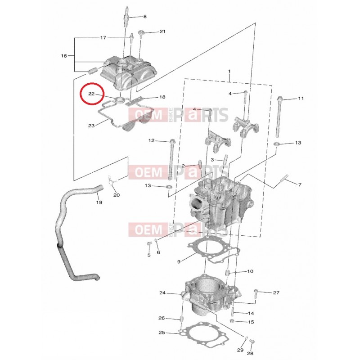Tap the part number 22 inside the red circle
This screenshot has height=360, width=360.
(x=91, y=94)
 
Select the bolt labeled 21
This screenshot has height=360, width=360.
(x=140, y=34)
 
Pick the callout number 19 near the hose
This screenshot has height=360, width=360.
(x=99, y=202)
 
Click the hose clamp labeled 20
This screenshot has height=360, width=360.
(x=111, y=180)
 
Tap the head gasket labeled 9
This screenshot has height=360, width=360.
(x=213, y=250)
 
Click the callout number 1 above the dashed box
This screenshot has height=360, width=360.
(x=229, y=72)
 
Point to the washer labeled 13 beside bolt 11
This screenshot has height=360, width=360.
(x=276, y=144)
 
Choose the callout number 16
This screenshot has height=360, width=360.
(x=64, y=55)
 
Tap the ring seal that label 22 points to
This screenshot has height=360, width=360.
(x=120, y=99)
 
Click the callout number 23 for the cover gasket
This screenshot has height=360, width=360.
(x=91, y=126)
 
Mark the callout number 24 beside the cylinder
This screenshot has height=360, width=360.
(x=162, y=293)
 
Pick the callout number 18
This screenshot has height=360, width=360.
(x=162, y=97)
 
